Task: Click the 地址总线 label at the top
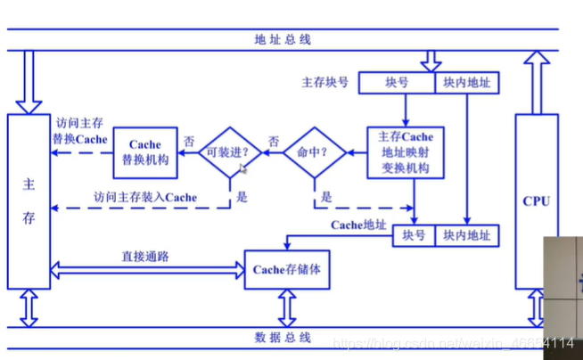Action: click(x=283, y=40)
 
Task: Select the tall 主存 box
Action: click(x=29, y=201)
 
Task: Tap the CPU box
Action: click(x=536, y=201)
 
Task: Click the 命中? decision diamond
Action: click(x=315, y=152)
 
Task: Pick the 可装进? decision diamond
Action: click(x=229, y=152)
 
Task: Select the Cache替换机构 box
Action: click(x=145, y=152)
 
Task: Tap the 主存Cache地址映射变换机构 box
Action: click(x=405, y=152)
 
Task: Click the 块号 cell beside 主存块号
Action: click(x=397, y=84)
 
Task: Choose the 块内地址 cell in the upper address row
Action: click(x=467, y=84)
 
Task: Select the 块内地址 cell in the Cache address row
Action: click(x=467, y=235)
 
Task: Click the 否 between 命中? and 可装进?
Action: click(x=274, y=141)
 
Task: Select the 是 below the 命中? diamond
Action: click(x=326, y=197)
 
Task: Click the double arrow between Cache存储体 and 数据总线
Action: click(x=287, y=308)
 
